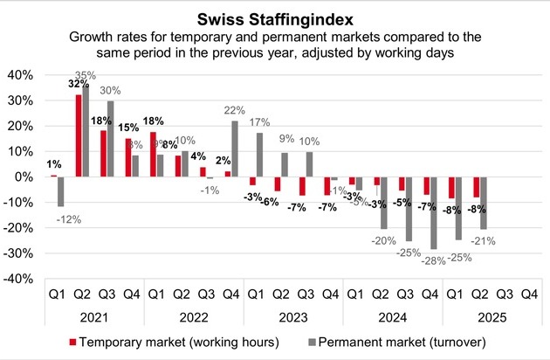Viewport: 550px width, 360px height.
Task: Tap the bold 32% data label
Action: pos(77,85)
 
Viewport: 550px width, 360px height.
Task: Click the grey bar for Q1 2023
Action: pos(259,155)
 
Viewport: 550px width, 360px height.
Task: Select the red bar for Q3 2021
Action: pos(104,153)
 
